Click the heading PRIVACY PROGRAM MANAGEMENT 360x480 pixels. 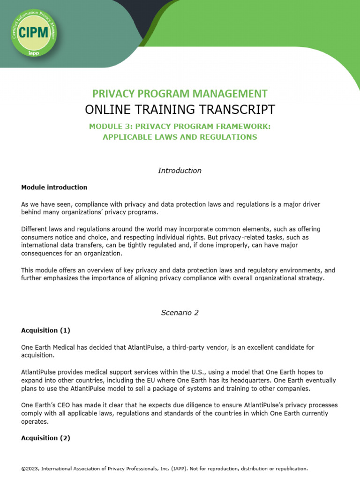pos(180,93)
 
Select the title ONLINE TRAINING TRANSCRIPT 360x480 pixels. pos(180,109)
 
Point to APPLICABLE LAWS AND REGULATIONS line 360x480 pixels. pos(180,137)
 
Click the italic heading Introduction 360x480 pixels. pos(180,171)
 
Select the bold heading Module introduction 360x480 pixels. pos(54,187)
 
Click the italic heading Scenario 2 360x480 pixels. pos(180,313)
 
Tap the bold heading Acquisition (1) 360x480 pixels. pos(45,330)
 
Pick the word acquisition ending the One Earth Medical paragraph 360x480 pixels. pos(37,356)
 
